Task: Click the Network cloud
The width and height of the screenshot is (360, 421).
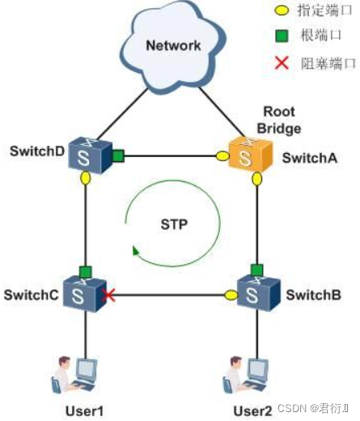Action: tap(172, 46)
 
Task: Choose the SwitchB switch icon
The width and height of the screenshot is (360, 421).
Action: tap(257, 293)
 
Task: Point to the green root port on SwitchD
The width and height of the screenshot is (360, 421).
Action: tap(117, 155)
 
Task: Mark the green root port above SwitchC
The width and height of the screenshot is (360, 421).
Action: tap(85, 270)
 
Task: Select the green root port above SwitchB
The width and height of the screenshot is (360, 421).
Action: tap(257, 269)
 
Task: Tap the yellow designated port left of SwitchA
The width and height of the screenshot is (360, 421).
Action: tap(222, 156)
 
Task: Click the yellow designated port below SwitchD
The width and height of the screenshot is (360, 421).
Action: tap(85, 179)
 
